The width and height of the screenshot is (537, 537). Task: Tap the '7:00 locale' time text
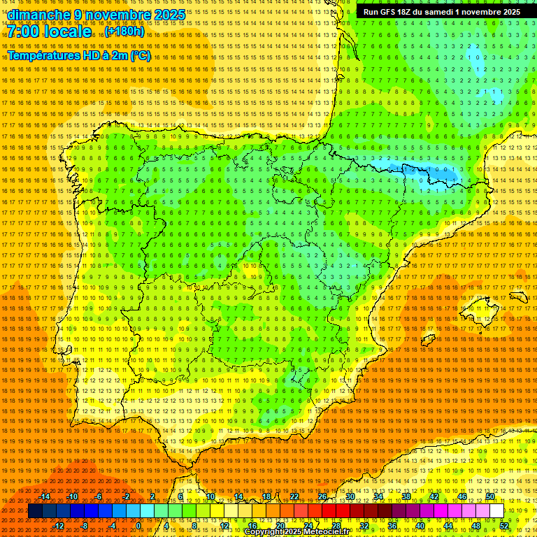point(50,31)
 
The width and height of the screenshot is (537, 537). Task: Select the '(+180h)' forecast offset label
point(125,31)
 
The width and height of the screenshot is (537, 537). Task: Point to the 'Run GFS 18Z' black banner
point(441,12)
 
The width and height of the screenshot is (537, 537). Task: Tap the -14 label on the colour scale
point(45,496)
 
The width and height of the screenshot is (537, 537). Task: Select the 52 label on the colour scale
point(504,525)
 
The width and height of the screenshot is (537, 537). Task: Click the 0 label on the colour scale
point(139,525)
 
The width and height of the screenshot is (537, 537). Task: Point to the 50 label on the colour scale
point(490,496)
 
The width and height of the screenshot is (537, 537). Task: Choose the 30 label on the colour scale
point(350,496)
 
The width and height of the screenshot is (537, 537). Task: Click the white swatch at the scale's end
point(496,511)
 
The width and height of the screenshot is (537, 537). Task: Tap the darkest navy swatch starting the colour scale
point(34,511)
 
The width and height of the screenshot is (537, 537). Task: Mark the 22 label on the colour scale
point(294,496)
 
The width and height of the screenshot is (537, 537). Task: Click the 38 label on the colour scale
point(406,496)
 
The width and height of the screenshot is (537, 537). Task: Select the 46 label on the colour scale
point(462,496)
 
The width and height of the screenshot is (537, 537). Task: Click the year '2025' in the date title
point(169,15)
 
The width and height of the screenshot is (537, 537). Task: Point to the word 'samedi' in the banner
point(437,12)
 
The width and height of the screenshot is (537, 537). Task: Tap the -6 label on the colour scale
point(99,496)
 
